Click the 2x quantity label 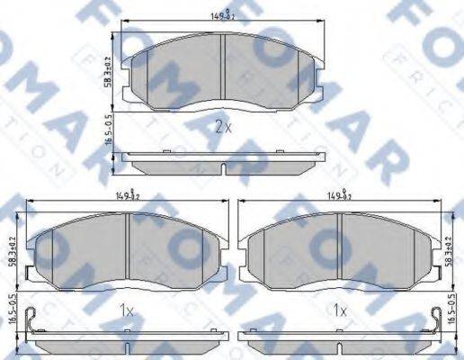[223, 126]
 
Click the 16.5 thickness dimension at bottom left [12, 310]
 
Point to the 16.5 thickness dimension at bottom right [450, 310]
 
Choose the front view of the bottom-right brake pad [338, 252]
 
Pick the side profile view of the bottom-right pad [338, 338]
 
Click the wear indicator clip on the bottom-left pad [31, 324]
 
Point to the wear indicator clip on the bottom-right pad [437, 324]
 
